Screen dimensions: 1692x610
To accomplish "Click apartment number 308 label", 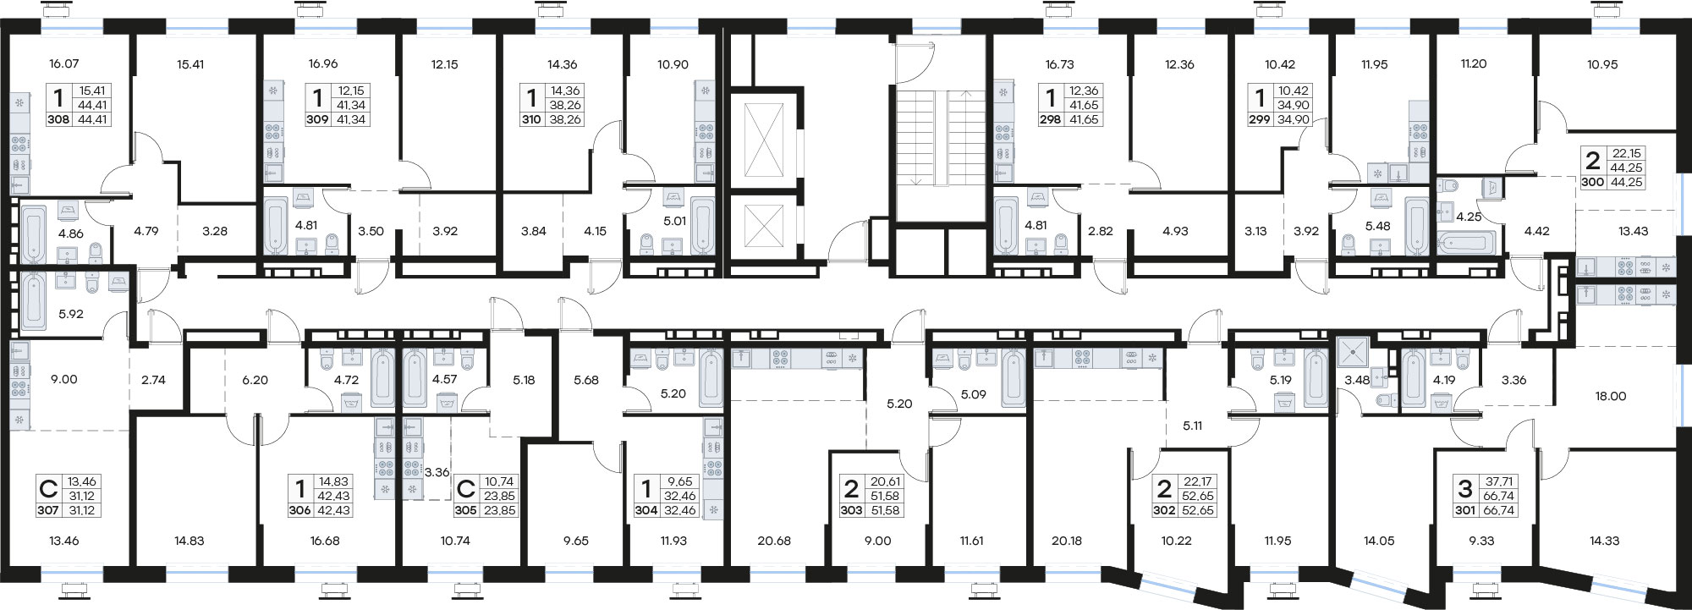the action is coord(60,119).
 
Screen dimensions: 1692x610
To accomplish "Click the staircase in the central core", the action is coord(938,139).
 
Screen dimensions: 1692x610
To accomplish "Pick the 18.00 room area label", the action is coord(1611,395).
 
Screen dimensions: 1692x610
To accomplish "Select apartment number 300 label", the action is coord(1595,181).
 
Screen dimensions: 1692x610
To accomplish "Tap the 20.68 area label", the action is coord(773,540).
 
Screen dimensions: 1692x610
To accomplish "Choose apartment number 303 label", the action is coord(851,510).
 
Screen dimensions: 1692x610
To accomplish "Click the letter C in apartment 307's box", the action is coord(49,488).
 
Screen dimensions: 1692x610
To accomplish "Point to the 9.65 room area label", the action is coord(575,540).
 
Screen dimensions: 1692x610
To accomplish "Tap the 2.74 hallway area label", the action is coord(153,380).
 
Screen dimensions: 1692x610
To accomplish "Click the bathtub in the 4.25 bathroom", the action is coord(1465,244).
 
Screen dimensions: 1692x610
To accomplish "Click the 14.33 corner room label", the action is coord(1604,540).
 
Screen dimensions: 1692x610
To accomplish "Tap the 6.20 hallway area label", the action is coord(255,380).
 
